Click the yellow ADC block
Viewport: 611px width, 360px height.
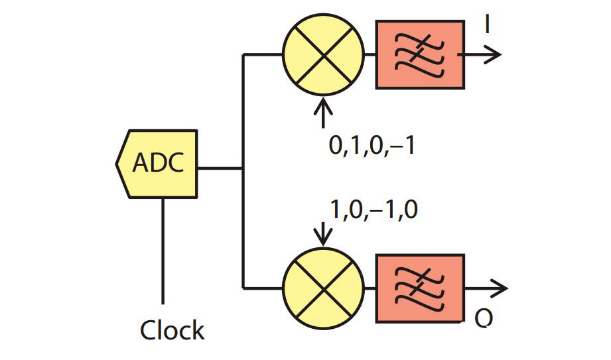(158, 164)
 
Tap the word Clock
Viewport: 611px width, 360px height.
(172, 330)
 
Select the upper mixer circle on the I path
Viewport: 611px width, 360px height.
(324, 55)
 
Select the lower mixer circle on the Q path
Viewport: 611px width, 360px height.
(324, 288)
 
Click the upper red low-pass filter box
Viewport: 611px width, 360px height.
(420, 55)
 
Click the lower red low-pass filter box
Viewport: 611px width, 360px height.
(420, 288)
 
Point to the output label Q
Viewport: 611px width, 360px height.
(484, 320)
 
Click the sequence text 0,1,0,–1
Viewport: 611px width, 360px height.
(372, 145)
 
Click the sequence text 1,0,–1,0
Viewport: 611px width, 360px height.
(373, 210)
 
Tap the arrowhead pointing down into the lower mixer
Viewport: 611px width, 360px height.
(324, 240)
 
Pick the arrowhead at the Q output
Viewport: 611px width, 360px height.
(499, 288)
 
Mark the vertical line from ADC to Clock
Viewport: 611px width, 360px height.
(163, 252)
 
